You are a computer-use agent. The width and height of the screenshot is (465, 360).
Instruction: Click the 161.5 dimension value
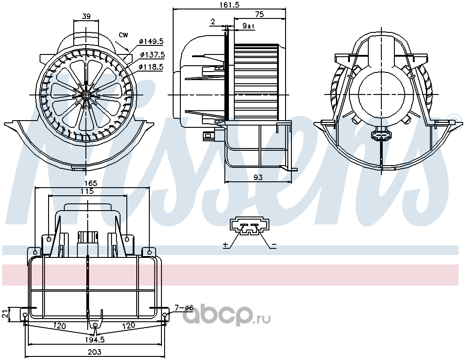(x=229, y=5)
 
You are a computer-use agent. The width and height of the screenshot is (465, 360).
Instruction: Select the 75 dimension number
(x=259, y=14)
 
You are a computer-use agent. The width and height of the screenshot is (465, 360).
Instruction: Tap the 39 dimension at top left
(x=86, y=16)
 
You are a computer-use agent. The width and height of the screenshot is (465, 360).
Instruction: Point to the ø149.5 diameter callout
(x=152, y=41)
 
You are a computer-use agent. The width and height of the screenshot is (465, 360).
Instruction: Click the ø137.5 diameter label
(x=152, y=54)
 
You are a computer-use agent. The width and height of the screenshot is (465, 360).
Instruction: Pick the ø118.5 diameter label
(x=151, y=67)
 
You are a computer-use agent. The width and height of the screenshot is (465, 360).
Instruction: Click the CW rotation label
(x=123, y=35)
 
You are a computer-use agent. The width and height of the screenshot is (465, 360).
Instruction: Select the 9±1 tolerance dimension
(x=249, y=26)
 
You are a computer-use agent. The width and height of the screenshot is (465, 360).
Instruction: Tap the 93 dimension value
(x=258, y=177)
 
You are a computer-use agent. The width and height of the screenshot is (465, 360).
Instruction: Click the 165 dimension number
(x=91, y=184)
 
